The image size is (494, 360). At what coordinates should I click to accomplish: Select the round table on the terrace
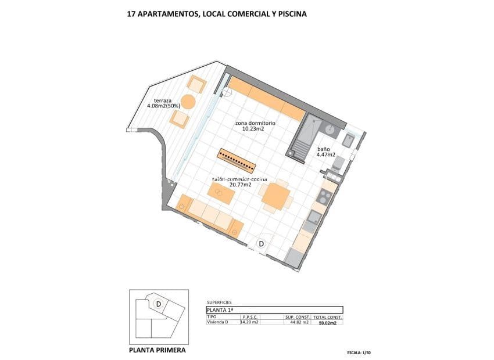click(x=188, y=102)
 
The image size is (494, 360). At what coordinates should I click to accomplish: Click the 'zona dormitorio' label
click(x=255, y=123)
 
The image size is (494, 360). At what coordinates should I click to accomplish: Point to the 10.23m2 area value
click(x=253, y=129)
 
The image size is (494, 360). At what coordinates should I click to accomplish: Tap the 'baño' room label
click(x=324, y=148)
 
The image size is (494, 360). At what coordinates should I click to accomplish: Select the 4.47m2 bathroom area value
click(x=326, y=155)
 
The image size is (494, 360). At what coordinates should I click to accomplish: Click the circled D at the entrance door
click(x=262, y=244)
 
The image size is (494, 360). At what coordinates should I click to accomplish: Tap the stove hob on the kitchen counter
click(x=324, y=195)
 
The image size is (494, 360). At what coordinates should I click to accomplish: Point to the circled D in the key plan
click(x=158, y=303)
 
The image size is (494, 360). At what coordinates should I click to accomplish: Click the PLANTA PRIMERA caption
click(x=157, y=350)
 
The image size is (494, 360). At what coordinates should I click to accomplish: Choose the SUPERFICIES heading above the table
click(x=219, y=303)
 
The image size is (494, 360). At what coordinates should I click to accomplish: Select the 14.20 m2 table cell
click(x=249, y=322)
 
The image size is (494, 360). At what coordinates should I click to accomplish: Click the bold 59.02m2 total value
click(x=328, y=322)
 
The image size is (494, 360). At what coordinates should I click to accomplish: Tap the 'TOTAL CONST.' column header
click(x=328, y=318)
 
